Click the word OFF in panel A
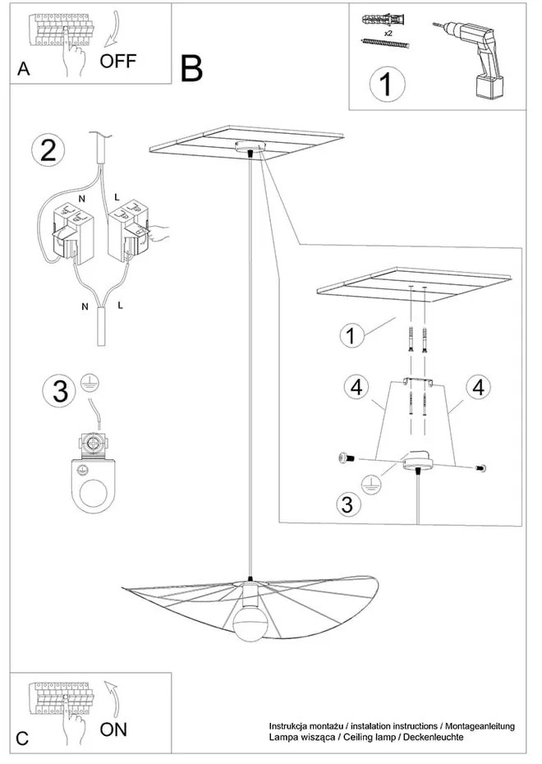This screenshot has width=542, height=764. pos(118,61)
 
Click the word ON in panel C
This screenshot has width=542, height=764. pos(114,729)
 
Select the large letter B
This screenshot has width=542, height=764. pos(191,68)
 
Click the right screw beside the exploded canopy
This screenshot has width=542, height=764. pos(479,467)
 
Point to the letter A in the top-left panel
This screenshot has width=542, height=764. pos(24,70)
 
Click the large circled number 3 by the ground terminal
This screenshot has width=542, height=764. pos(59,390)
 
